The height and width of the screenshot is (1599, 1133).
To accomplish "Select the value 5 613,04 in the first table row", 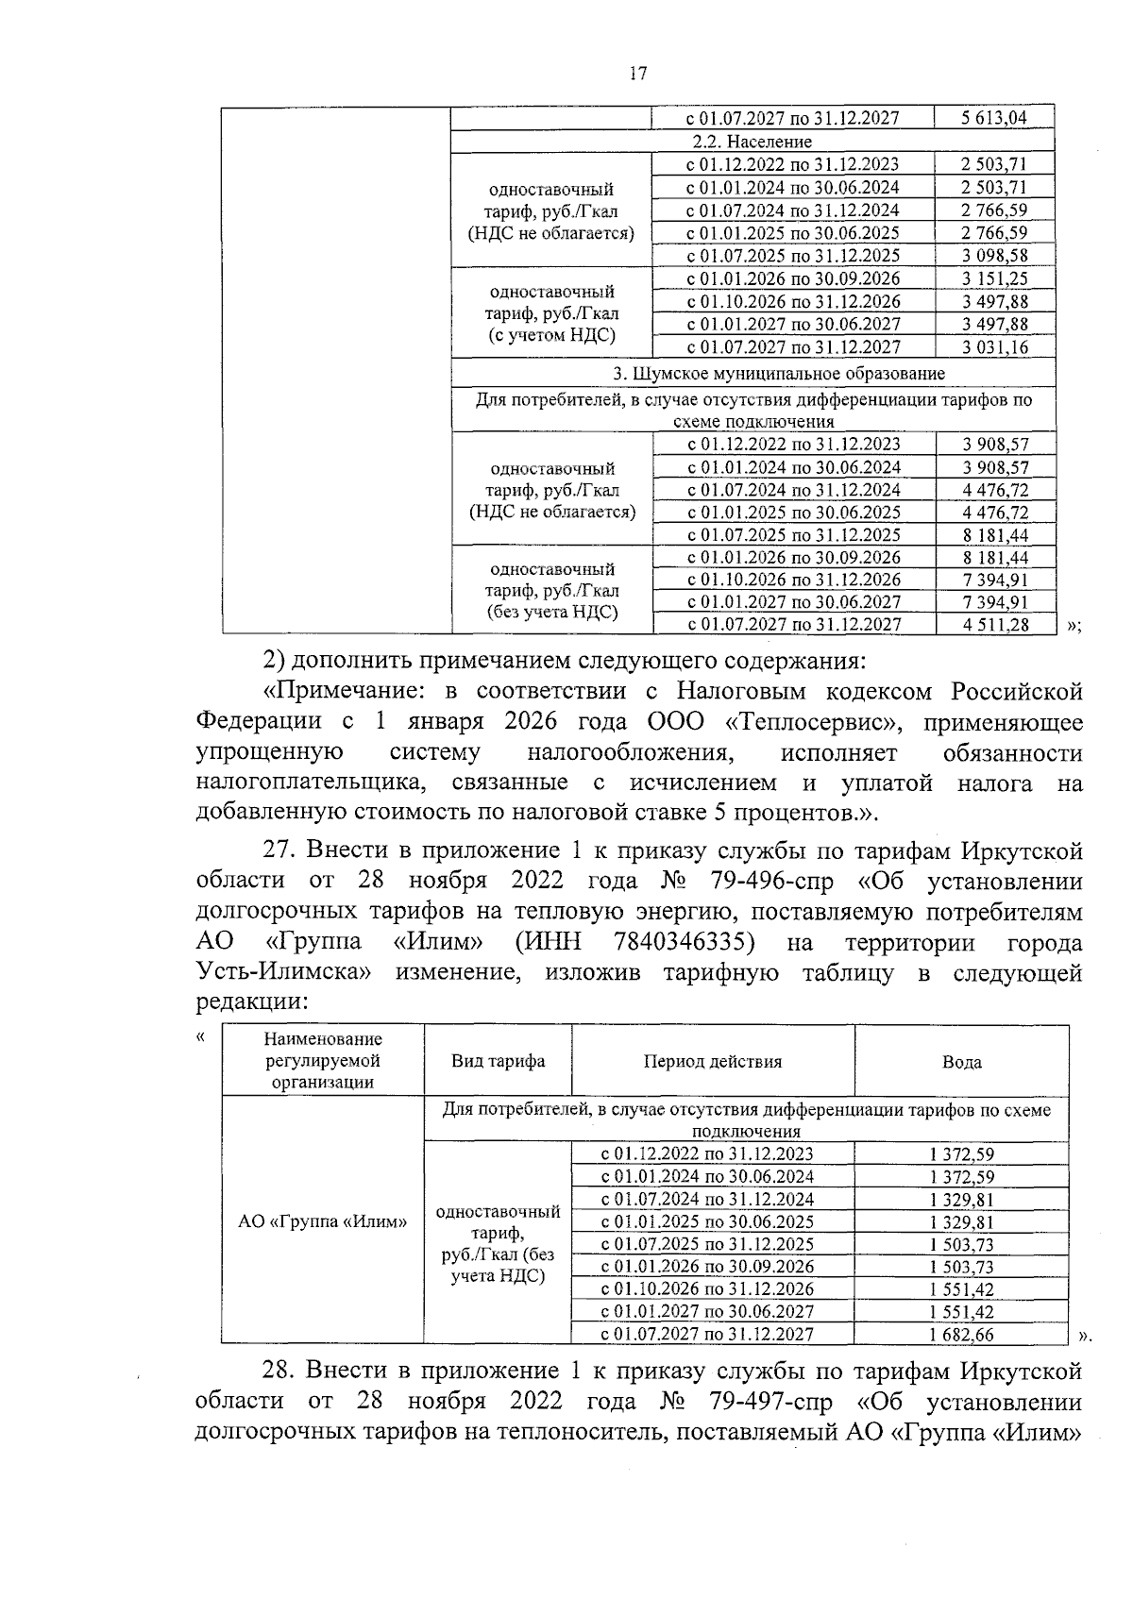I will pos(993,118).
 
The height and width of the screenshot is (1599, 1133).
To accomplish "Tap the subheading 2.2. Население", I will pos(752,142).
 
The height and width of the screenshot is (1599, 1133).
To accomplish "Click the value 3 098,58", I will pos(994,256).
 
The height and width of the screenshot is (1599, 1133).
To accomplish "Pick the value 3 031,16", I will pos(994,347).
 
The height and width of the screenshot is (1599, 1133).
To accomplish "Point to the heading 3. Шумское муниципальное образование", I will pos(753,374).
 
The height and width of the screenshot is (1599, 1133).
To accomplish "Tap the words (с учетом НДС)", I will pos(551,335).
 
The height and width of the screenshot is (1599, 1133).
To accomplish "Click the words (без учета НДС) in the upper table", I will pos(552,613).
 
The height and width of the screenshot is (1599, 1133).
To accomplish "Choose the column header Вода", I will pos(961,1062).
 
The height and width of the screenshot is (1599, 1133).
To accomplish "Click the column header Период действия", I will pos(713,1062).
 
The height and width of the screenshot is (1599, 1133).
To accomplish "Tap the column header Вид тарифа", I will pos(498,1061).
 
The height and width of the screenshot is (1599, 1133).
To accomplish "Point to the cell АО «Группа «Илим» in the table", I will pos(322,1221).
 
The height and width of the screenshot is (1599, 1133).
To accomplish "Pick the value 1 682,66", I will pos(961,1335).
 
